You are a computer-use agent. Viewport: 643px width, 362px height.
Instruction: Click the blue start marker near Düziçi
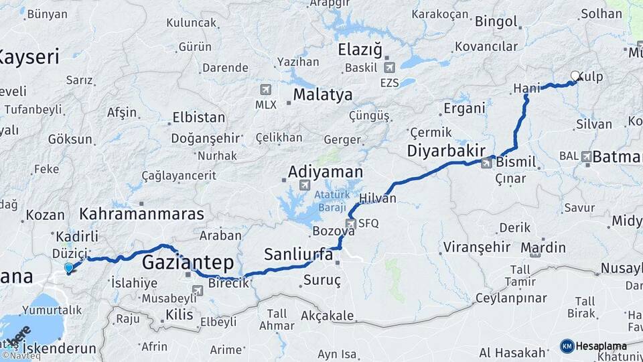coord(68,268)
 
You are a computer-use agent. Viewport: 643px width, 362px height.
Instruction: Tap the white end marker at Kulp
coord(575,76)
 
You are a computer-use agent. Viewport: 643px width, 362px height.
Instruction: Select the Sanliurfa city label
coord(298,254)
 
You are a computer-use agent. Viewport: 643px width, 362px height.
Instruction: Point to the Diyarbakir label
coord(445,152)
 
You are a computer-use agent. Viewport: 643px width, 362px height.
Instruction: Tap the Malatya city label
coord(322,95)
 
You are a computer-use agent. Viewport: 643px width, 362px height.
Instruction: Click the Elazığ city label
coord(360,49)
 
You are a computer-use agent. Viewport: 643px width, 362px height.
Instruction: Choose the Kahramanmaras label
coord(141,215)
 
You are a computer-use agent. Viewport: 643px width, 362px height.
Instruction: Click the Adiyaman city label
coord(325,172)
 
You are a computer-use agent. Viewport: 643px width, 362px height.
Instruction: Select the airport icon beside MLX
coord(266,89)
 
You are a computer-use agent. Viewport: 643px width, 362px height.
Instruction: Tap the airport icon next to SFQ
coord(350,223)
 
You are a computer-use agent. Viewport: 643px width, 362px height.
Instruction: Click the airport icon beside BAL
coord(586,156)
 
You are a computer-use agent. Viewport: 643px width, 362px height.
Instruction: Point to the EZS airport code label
coord(388,83)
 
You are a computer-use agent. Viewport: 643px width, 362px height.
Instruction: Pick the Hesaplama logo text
coord(601,346)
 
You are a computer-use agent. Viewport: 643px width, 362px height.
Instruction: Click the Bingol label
coord(496,21)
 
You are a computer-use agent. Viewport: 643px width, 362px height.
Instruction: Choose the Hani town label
coord(526,88)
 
